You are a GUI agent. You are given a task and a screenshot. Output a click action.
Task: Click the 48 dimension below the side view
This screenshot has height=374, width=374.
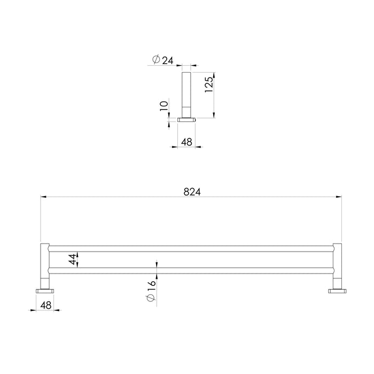point(186,142)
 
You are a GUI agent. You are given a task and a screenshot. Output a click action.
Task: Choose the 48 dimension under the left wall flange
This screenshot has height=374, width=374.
point(45,306)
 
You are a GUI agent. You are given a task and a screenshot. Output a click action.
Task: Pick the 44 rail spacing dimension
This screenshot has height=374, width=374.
point(72,260)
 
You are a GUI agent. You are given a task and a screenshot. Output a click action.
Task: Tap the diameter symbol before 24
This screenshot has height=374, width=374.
point(155,61)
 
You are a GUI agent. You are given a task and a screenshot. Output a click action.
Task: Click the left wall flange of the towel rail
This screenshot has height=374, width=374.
point(45,291)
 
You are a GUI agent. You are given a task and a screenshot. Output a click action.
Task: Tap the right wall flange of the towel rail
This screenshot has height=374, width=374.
point(337,291)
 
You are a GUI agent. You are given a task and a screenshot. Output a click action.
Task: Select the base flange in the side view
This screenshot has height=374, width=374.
point(186,120)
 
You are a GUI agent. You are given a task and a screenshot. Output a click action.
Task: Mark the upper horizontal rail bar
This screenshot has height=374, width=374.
point(191,248)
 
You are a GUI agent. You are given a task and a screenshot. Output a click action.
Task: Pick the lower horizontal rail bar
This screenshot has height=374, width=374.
point(191,270)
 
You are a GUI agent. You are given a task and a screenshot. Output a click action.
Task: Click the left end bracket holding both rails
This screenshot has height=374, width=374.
point(45,264)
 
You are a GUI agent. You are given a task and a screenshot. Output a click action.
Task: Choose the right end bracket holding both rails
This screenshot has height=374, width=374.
point(337,264)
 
